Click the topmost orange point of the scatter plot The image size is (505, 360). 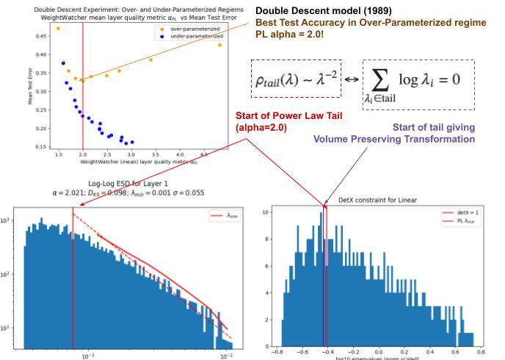click(x=58, y=29)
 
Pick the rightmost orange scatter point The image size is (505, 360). click(x=219, y=45)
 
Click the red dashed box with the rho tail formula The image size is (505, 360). click(x=296, y=79)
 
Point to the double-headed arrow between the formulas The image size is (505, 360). click(x=352, y=79)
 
